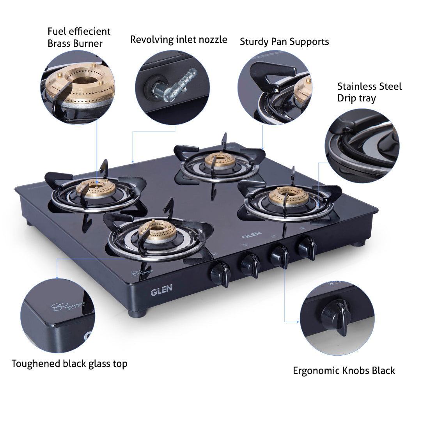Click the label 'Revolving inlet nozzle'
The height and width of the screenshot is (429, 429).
pyautogui.click(x=178, y=40)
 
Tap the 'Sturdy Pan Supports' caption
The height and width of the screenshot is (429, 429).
pyautogui.click(x=284, y=42)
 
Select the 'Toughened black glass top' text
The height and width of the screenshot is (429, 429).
pyautogui.click(x=69, y=364)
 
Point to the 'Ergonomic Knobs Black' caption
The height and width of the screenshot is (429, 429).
pyautogui.click(x=344, y=370)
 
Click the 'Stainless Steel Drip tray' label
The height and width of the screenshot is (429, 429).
pyautogui.click(x=369, y=92)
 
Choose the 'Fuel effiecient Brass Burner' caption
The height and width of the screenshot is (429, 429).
pyautogui.click(x=79, y=37)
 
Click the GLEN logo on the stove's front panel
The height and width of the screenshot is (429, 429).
pyautogui.click(x=161, y=291)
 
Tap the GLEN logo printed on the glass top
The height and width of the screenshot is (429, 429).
pyautogui.click(x=249, y=236)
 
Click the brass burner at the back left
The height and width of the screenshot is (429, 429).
pyautogui.click(x=96, y=189)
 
